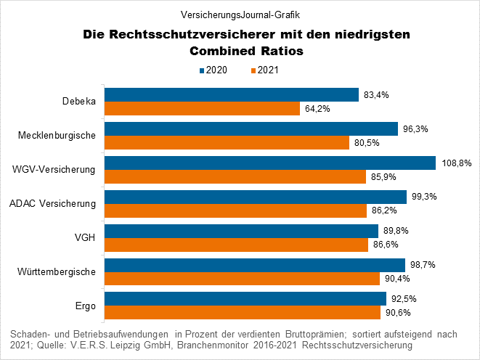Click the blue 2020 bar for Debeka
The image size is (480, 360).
point(232,94)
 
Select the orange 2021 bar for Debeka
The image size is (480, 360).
point(203,108)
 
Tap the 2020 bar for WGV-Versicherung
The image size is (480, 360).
point(270,163)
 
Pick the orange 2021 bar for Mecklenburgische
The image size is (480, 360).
point(227,142)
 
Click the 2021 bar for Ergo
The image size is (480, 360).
point(243,312)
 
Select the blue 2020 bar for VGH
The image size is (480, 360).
point(242,231)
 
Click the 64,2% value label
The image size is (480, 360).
point(318,109)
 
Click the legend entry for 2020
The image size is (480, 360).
point(215,70)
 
